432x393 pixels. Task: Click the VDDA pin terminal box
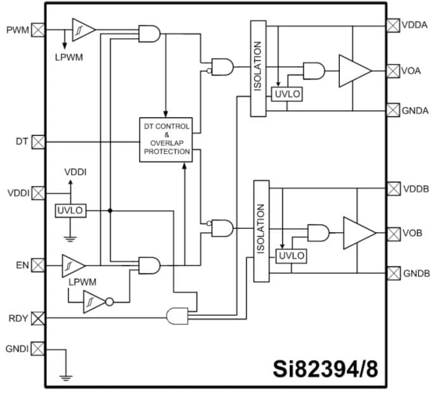(x=393, y=25)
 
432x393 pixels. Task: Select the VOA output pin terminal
(x=393, y=70)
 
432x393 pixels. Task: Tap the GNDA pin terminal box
(x=393, y=110)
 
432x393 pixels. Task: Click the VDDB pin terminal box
(x=393, y=189)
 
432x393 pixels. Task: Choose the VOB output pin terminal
(x=393, y=233)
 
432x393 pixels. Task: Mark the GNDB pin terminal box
(x=393, y=273)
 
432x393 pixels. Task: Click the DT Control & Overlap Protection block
(x=166, y=139)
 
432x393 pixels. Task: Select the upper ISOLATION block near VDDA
(x=258, y=69)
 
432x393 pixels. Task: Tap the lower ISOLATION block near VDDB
(x=261, y=231)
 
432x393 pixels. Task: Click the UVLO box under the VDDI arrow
(x=71, y=210)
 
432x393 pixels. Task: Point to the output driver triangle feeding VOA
(x=353, y=70)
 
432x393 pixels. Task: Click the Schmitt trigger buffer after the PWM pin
(x=83, y=29)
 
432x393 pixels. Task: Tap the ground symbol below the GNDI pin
(x=65, y=376)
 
